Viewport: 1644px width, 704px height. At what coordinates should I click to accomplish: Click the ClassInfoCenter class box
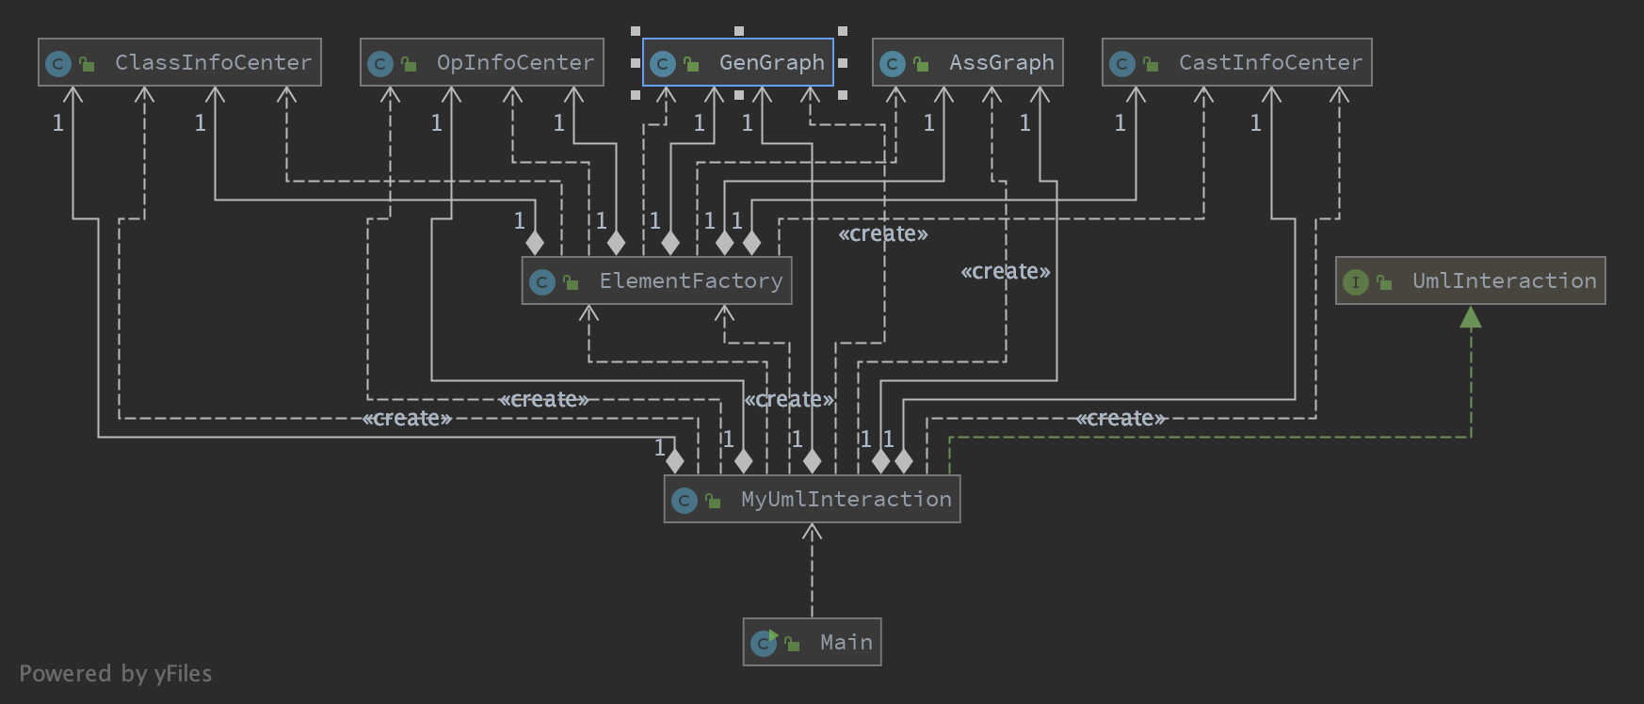(180, 62)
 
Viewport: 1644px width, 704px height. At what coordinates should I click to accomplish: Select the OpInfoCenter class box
(481, 62)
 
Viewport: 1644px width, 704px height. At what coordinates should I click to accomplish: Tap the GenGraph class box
(737, 62)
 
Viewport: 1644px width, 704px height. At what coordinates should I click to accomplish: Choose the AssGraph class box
(967, 62)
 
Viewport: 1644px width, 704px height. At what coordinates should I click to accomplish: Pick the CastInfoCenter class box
(1236, 62)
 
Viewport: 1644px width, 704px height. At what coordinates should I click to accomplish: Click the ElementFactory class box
(656, 280)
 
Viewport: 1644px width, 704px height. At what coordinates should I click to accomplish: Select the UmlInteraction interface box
(1470, 280)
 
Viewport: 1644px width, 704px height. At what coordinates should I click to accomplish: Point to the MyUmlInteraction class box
(812, 499)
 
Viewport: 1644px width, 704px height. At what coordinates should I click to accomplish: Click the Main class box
(812, 642)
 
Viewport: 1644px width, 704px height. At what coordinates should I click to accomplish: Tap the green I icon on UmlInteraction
(1355, 281)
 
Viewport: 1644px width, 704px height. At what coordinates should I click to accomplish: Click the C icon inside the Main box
(763, 643)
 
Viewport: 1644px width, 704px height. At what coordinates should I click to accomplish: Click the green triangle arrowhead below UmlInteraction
(1470, 317)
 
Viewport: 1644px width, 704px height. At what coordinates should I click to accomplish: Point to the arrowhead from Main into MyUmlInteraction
(812, 533)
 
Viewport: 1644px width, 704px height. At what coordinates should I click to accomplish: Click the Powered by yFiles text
(115, 674)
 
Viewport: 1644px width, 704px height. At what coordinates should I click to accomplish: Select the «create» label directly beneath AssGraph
(1005, 272)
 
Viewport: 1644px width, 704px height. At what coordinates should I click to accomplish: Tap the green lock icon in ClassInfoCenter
(87, 64)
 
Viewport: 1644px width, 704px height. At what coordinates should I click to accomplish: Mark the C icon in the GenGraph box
(663, 63)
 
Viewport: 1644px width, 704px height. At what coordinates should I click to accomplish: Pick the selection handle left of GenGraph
(636, 63)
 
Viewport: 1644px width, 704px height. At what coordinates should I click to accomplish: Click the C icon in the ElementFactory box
(541, 281)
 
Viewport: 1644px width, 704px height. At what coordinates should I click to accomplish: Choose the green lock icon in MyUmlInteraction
(713, 501)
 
